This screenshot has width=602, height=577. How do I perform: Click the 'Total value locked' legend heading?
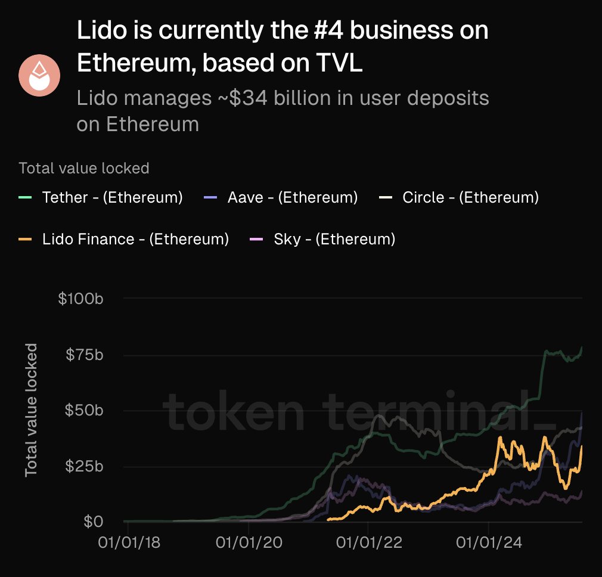[x=84, y=169]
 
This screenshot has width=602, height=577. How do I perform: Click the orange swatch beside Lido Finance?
[x=25, y=239]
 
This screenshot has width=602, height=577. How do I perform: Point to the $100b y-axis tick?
[x=81, y=299]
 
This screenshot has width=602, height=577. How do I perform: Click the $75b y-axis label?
[x=85, y=355]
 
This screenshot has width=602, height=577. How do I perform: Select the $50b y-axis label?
[x=85, y=411]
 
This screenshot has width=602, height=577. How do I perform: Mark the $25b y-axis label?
[x=85, y=466]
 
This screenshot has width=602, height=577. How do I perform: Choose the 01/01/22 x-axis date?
[x=368, y=543]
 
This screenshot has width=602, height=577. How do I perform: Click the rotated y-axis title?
[x=31, y=410]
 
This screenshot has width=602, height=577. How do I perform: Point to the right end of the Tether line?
[x=582, y=348]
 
